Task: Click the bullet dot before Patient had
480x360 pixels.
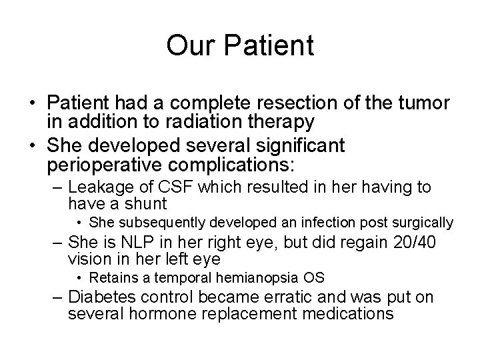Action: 32,105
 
